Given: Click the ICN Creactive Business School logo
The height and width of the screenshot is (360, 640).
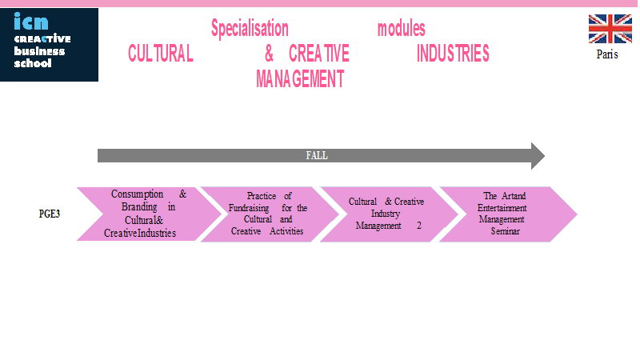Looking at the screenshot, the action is (x=49, y=45).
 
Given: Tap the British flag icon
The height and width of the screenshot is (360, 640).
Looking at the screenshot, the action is (x=610, y=29).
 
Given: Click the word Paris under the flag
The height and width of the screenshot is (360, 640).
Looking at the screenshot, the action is (x=607, y=54).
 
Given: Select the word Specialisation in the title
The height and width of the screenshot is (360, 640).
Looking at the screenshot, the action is (x=250, y=29).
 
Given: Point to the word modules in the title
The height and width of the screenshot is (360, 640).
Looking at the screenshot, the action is (x=402, y=29).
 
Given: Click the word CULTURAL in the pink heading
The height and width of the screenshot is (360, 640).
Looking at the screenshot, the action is (x=161, y=54).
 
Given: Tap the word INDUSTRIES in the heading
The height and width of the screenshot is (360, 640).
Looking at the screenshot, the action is (x=453, y=54).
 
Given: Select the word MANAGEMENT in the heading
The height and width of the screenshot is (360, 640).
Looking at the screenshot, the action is (x=300, y=78).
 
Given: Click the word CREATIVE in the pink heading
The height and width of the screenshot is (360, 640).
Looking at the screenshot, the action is (x=318, y=54).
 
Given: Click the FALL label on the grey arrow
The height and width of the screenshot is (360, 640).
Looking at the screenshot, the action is (x=317, y=155).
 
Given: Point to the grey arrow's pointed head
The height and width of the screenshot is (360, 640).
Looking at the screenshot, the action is (x=544, y=156).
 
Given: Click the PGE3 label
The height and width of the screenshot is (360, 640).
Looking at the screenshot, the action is (x=50, y=214).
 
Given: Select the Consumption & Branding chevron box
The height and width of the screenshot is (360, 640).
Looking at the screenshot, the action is (x=149, y=214).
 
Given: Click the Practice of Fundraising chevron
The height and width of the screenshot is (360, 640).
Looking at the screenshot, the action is (x=270, y=214).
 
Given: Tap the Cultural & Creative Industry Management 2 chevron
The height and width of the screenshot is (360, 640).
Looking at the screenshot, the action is (x=389, y=214).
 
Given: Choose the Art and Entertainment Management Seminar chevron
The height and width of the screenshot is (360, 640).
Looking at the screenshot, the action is (x=508, y=214).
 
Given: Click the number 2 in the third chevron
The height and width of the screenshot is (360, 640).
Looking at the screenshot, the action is (x=418, y=226).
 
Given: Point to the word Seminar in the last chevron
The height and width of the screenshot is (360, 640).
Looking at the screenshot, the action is (x=506, y=231).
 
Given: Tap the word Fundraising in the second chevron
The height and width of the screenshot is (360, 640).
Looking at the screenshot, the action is (x=249, y=208).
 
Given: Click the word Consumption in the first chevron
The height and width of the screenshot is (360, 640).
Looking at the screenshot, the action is (x=137, y=194).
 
